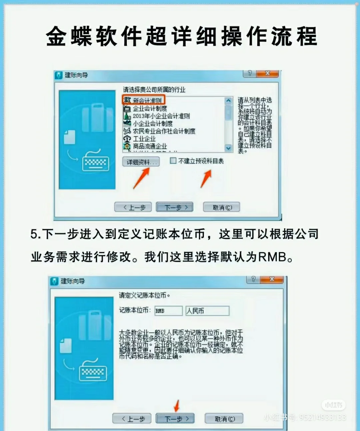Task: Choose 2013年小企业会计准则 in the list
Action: pyautogui.click(x=161, y=116)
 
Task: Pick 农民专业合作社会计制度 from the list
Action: pyautogui.click(x=164, y=131)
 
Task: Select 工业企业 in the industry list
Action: pyautogui.click(x=144, y=139)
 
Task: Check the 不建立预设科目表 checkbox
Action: pyautogui.click(x=173, y=161)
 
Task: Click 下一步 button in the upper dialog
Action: pyautogui.click(x=175, y=207)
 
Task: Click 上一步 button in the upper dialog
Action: pyautogui.click(x=133, y=207)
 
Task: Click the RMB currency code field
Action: pyautogui.click(x=168, y=311)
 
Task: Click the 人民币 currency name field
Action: pyautogui.click(x=207, y=311)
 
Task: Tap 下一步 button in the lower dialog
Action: pyautogui.click(x=175, y=418)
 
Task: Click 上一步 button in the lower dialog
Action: pyautogui.click(x=132, y=418)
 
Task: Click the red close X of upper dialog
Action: pyautogui.click(x=268, y=73)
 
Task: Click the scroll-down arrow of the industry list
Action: pyautogui.click(x=228, y=148)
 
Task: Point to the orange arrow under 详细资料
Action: pyautogui.click(x=141, y=178)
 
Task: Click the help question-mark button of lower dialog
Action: pyautogui.click(x=253, y=279)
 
